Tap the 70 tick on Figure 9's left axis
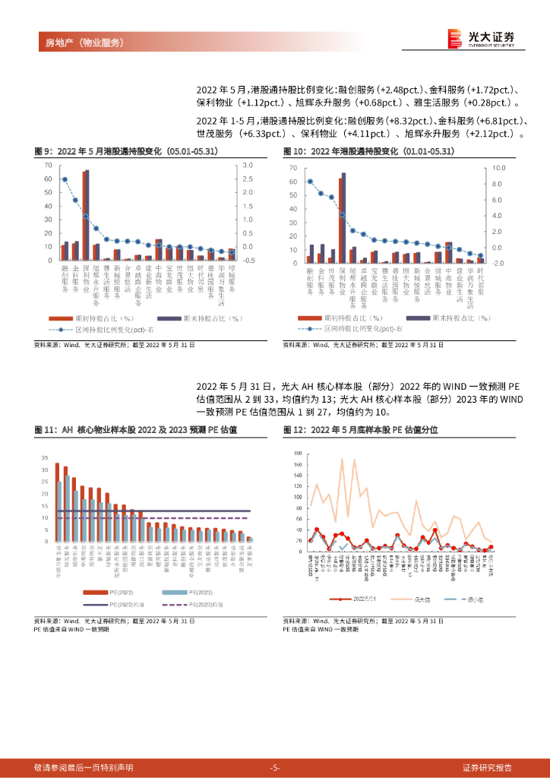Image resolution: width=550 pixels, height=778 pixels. tap(48, 165)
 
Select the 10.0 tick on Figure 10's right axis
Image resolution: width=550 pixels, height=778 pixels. tap(498, 167)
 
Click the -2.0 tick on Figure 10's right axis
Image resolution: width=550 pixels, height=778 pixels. tap(498, 264)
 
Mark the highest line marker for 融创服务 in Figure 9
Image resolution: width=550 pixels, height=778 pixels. tap(65, 179)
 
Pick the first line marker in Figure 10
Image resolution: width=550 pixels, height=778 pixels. tap(310, 182)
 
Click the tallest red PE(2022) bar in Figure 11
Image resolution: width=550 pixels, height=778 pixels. tap(57, 502)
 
